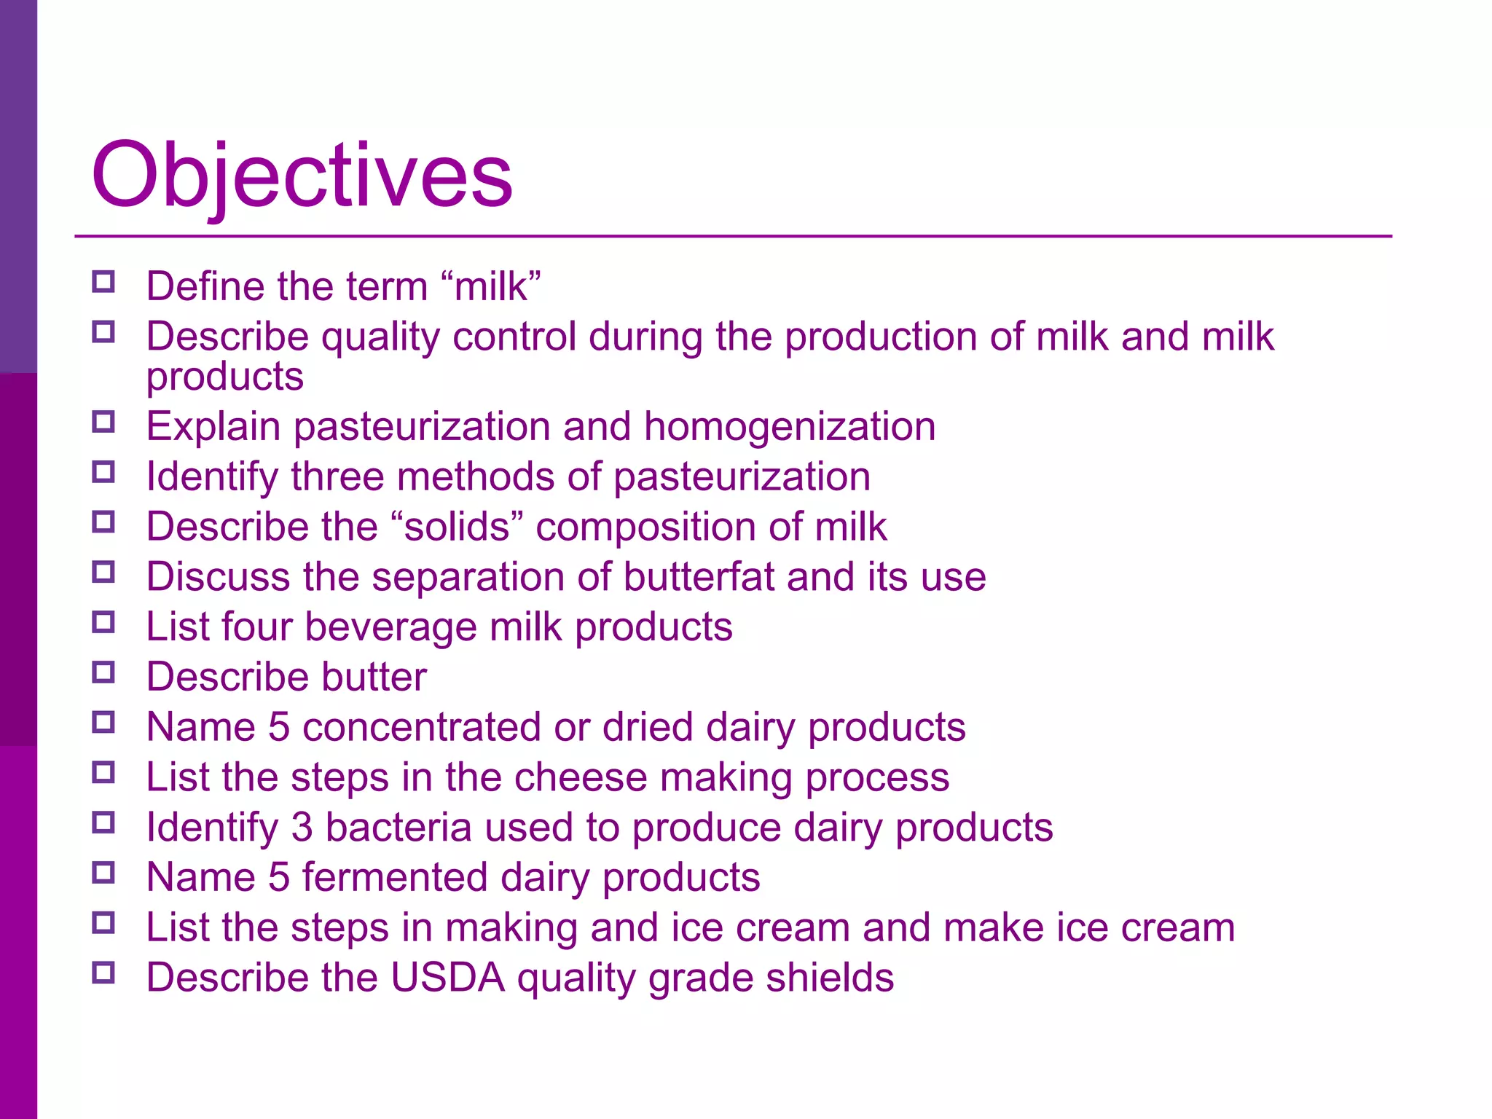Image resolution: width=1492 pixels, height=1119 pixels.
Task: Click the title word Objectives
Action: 302,175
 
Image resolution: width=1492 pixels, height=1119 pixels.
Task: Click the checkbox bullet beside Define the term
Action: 103,282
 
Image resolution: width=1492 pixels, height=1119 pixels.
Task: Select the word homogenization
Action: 790,427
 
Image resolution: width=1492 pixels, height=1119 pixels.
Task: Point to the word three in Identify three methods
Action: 337,477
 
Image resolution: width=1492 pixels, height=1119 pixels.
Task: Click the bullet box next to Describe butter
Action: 103,672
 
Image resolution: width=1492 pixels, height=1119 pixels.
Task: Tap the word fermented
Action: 395,877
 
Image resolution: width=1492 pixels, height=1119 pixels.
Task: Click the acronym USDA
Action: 447,978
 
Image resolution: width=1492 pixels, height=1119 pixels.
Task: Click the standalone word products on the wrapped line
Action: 224,377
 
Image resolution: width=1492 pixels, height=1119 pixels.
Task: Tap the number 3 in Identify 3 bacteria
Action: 302,828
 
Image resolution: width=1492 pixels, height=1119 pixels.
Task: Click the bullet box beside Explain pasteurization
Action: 103,422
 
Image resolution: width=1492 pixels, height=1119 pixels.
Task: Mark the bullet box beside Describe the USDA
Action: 103,973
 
